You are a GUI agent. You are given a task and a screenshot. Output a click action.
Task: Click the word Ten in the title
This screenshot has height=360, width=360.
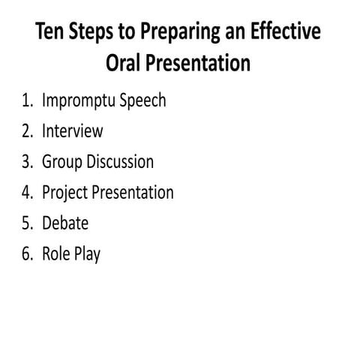(52, 33)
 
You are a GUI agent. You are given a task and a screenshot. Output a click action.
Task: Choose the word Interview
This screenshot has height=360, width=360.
(73, 131)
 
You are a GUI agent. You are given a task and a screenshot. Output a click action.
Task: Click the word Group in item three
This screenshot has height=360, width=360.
(62, 163)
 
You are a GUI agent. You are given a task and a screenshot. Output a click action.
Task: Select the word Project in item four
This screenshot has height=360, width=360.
(64, 193)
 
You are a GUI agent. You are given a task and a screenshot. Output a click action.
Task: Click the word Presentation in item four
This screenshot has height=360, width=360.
(132, 193)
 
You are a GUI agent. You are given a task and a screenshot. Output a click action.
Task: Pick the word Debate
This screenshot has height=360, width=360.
(65, 223)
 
